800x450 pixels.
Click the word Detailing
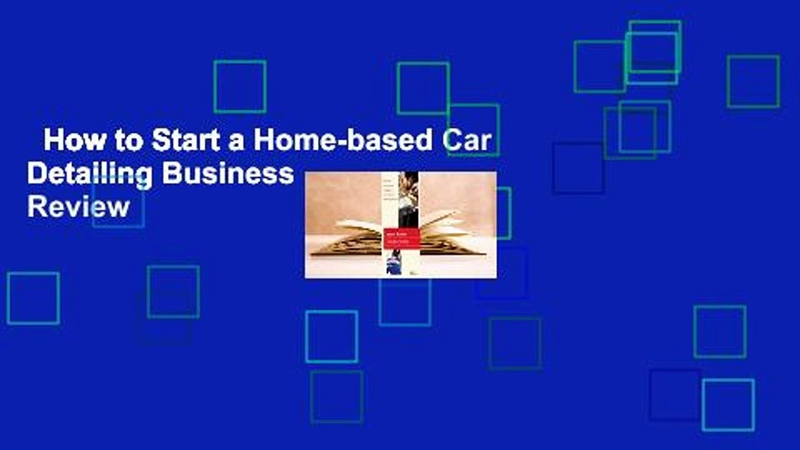[x=91, y=174]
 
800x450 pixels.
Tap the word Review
[x=78, y=206]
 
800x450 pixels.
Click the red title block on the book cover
[x=401, y=237]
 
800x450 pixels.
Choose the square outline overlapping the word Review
[x=118, y=201]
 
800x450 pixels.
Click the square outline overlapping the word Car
[x=473, y=130]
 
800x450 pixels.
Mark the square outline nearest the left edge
[x=33, y=298]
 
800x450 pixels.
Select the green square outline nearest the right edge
[x=753, y=81]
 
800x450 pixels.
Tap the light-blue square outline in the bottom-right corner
[x=728, y=405]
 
